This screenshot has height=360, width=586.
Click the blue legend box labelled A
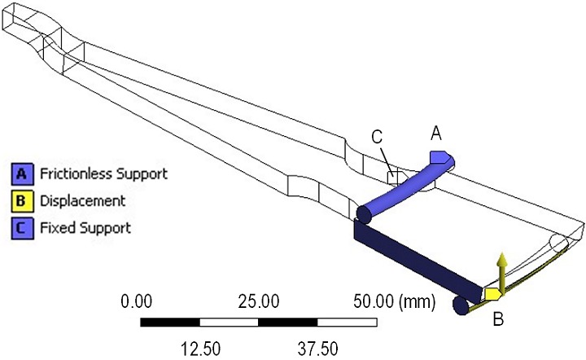click(20, 173)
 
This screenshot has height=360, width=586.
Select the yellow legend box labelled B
click(20, 200)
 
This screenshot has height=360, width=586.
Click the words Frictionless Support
click(101, 173)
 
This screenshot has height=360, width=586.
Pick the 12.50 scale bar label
click(200, 348)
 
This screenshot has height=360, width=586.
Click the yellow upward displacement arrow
click(503, 269)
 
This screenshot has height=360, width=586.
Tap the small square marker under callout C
click(393, 175)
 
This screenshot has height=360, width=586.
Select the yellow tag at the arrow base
click(492, 292)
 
